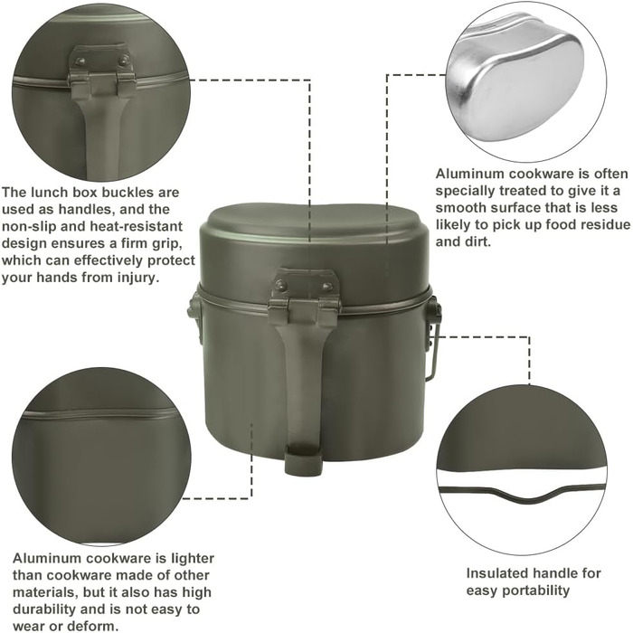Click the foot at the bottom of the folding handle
(x=304, y=459)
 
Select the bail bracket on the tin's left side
(x=193, y=312)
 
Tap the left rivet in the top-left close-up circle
(x=81, y=61)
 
